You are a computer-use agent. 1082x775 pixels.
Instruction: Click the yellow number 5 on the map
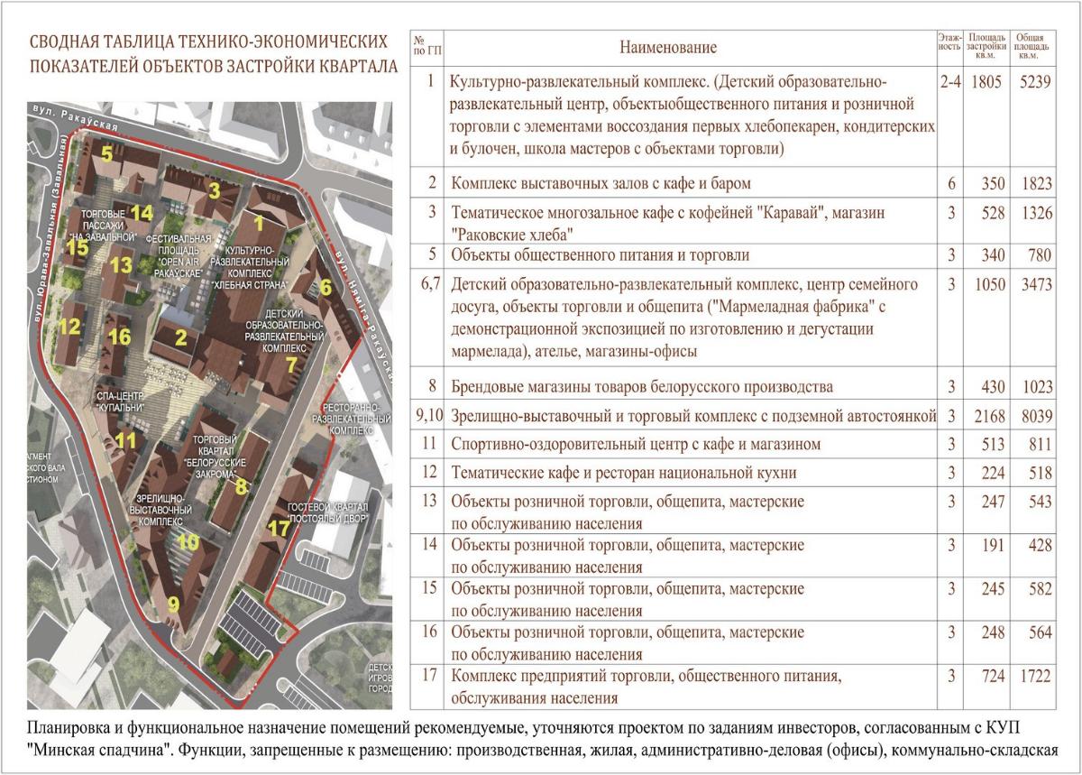[x=107, y=153]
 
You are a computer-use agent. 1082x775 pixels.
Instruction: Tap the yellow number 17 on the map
[x=280, y=528]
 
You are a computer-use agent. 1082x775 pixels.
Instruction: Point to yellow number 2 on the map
[x=181, y=338]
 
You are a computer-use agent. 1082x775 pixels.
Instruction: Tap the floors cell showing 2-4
[x=950, y=82]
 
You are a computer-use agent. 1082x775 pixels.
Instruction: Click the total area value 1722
[x=1034, y=676]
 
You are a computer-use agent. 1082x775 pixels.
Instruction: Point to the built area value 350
[x=991, y=183]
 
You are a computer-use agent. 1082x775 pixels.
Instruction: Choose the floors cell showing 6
[x=951, y=183]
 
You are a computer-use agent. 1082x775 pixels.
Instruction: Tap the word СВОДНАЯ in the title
[x=65, y=42]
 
